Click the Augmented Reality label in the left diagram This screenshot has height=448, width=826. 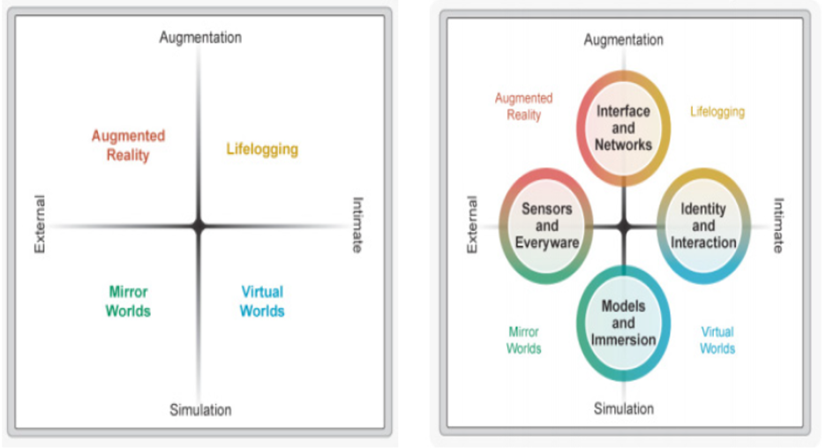tap(128, 146)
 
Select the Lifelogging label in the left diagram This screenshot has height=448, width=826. tap(262, 149)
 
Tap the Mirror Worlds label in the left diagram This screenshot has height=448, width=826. tap(128, 301)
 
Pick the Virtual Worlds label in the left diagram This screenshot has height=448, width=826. tap(262, 301)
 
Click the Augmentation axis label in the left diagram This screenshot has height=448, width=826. tap(200, 37)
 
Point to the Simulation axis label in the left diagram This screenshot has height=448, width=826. tap(200, 410)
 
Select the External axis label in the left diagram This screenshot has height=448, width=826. tap(40, 224)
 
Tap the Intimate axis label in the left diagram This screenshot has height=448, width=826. tap(357, 224)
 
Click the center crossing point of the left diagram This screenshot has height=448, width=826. tap(199, 227)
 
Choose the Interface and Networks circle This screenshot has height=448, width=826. tap(623, 128)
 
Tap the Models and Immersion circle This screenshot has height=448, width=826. tap(623, 323)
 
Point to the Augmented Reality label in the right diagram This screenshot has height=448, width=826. tap(523, 107)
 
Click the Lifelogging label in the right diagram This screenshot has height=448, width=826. tap(717, 112)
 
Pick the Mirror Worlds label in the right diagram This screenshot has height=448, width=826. tap(523, 340)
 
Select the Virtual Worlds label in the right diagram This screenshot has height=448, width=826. tap(717, 340)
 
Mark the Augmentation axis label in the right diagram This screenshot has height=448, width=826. tap(623, 40)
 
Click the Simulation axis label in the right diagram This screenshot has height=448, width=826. tap(623, 408)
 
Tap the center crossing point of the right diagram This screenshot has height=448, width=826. tap(623, 227)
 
